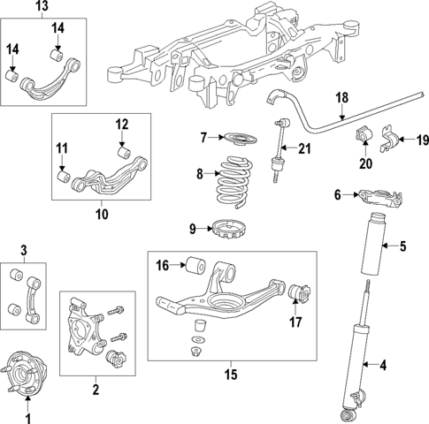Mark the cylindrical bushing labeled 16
tap(195, 263)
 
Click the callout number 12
tap(123, 124)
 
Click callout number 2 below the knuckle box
tap(95, 389)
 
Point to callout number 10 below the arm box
tap(100, 213)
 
